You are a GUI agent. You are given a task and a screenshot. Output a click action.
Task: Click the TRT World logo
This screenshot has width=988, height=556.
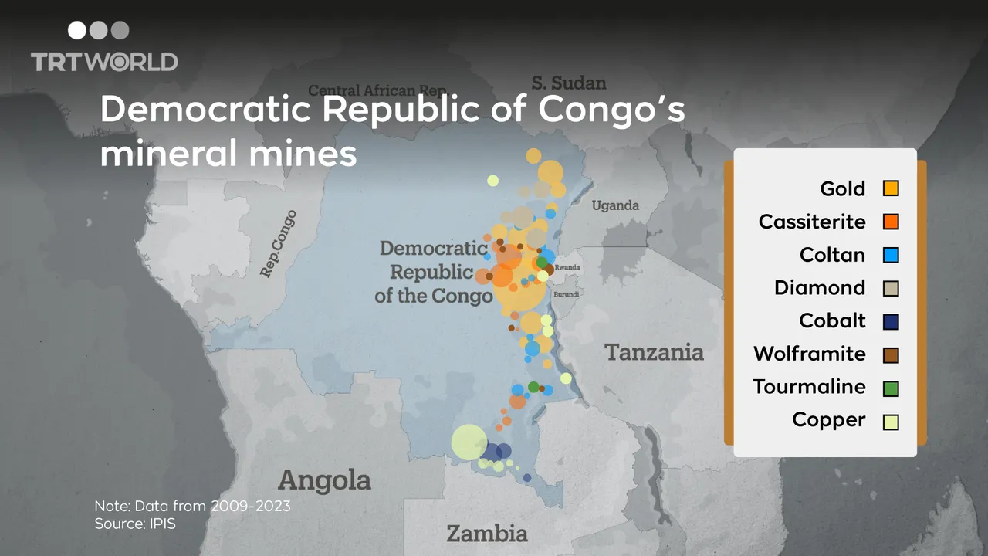(x=104, y=48)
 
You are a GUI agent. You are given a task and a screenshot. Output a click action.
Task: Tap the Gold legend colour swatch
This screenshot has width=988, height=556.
(x=891, y=188)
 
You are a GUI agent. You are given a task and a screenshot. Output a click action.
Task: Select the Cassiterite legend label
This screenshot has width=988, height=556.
(x=812, y=222)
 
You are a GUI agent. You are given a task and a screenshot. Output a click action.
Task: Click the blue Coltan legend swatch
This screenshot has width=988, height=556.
(x=891, y=255)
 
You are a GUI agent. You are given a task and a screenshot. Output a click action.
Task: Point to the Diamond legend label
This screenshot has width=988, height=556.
(x=820, y=288)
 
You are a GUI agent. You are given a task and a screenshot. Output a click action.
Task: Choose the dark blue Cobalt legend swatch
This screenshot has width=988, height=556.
(x=891, y=321)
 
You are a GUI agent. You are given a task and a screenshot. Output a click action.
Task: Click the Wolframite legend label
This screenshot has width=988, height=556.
(x=810, y=354)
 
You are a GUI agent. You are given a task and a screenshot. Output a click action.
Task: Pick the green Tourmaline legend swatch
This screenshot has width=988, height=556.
(x=891, y=388)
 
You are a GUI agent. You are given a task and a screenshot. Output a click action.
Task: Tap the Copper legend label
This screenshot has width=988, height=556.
(x=828, y=420)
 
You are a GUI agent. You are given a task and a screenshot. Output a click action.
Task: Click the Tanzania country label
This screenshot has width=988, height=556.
(x=654, y=352)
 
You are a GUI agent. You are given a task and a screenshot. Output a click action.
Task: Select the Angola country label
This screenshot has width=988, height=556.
(x=324, y=480)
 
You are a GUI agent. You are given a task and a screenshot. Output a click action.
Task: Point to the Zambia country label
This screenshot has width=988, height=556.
(x=487, y=533)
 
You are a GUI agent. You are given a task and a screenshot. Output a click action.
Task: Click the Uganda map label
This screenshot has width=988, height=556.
(x=615, y=205)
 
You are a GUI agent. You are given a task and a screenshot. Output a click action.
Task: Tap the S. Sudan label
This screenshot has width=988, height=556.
(x=569, y=83)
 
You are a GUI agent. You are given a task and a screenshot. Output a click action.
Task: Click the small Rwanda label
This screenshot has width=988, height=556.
(x=567, y=267)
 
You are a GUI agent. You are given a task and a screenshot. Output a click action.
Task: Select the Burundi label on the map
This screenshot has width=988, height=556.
(x=567, y=294)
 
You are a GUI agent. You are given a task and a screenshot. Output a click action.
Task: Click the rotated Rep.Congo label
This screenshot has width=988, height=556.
(x=277, y=244)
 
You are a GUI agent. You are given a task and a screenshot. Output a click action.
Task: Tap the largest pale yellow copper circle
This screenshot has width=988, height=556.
(x=469, y=442)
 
